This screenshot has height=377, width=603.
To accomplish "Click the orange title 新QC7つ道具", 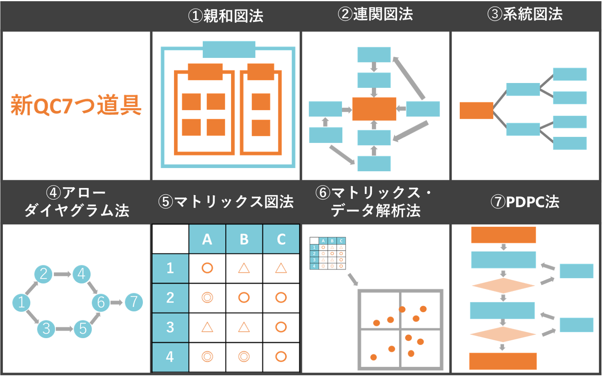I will click(76, 105).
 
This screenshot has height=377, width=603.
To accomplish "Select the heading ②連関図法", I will click(375, 14).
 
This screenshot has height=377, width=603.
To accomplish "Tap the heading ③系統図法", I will click(525, 14).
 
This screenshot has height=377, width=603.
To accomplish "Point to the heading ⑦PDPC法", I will click(525, 201).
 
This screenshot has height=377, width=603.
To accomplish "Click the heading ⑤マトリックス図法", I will click(226, 201).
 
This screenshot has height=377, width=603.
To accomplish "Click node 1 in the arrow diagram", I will click(21, 302).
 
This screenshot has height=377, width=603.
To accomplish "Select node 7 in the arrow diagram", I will click(134, 302).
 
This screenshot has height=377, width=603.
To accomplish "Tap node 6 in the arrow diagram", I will click(101, 302).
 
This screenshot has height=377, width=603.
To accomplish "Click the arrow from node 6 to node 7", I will click(117, 302).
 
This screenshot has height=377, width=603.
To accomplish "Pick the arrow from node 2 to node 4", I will click(62, 274).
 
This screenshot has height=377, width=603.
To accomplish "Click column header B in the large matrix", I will click(244, 239).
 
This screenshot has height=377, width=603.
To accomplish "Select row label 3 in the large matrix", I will click(170, 327).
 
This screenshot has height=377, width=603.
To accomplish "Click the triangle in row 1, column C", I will click(281, 268).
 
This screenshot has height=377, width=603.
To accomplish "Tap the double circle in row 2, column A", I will click(207, 298).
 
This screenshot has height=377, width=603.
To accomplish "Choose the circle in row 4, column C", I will click(281, 356).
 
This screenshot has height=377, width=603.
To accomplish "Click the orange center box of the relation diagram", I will click(374, 109).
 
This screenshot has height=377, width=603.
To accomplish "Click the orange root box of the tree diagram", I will click(476, 110).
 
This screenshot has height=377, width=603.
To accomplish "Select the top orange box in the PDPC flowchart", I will click(503, 235).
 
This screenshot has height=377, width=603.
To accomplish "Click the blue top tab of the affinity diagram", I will click(229, 49).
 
